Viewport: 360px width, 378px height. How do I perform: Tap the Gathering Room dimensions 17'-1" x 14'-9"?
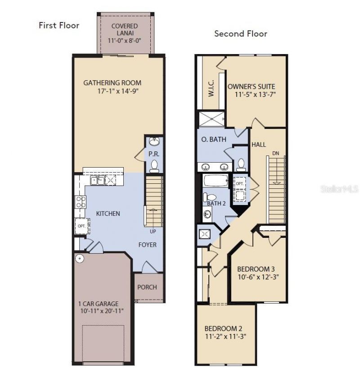pyautogui.click(x=118, y=91)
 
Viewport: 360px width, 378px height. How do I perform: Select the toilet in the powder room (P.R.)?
pyautogui.click(x=154, y=167)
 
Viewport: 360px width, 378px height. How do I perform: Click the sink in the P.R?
pyautogui.click(x=154, y=141)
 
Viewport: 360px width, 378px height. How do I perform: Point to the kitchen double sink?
pyautogui.click(x=98, y=181)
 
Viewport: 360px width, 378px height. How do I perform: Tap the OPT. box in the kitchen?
pyautogui.click(x=82, y=226)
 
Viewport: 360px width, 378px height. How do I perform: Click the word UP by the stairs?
pyautogui.click(x=153, y=232)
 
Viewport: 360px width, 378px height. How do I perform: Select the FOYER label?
pyautogui.click(x=147, y=245)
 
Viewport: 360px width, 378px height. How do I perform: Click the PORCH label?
pyautogui.click(x=147, y=287)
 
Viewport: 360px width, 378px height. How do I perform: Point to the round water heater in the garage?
pyautogui.click(x=80, y=259)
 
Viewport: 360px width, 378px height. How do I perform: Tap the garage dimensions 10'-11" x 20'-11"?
pyautogui.click(x=102, y=311)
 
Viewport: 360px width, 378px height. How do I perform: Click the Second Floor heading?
pyautogui.click(x=241, y=33)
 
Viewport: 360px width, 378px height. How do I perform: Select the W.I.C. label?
pyautogui.click(x=211, y=88)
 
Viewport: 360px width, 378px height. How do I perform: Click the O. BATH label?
pyautogui.click(x=214, y=139)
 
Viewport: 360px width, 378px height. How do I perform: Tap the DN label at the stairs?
pyautogui.click(x=276, y=153)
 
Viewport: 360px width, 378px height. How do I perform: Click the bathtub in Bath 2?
pyautogui.click(x=216, y=181)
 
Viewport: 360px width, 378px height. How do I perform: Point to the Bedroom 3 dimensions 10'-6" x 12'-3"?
pyautogui.click(x=258, y=277)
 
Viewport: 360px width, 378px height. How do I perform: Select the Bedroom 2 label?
pyautogui.click(x=224, y=328)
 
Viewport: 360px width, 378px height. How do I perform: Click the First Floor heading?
pyautogui.click(x=59, y=25)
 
